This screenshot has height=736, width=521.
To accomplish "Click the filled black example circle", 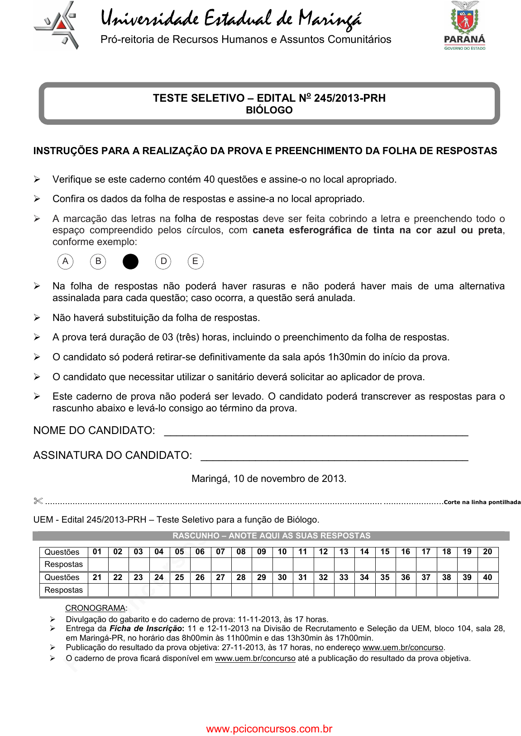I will [x=130, y=261].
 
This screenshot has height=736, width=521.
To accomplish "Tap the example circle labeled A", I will [x=66, y=261].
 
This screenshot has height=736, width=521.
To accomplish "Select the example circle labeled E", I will [x=196, y=261].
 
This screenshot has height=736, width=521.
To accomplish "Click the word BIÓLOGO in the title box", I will [x=269, y=110].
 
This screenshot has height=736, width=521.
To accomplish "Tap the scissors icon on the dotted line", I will [x=38, y=501].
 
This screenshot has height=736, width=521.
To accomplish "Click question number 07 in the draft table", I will [x=220, y=552].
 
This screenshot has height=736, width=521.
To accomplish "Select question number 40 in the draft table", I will [x=488, y=577].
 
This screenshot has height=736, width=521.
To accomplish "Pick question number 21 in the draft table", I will [x=97, y=577].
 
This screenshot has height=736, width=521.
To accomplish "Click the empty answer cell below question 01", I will [x=97, y=564].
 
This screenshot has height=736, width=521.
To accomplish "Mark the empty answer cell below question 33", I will [x=344, y=590].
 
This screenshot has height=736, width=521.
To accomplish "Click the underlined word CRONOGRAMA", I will [x=95, y=608].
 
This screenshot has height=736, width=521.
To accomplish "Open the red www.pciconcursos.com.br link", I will [x=269, y=729].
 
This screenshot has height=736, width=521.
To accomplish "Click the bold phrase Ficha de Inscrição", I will [x=146, y=628].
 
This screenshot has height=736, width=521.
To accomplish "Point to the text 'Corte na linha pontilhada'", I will [x=482, y=502].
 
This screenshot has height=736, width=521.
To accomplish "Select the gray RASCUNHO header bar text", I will [x=271, y=536].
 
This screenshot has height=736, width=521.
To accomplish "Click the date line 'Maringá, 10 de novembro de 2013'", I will [x=269, y=479].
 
